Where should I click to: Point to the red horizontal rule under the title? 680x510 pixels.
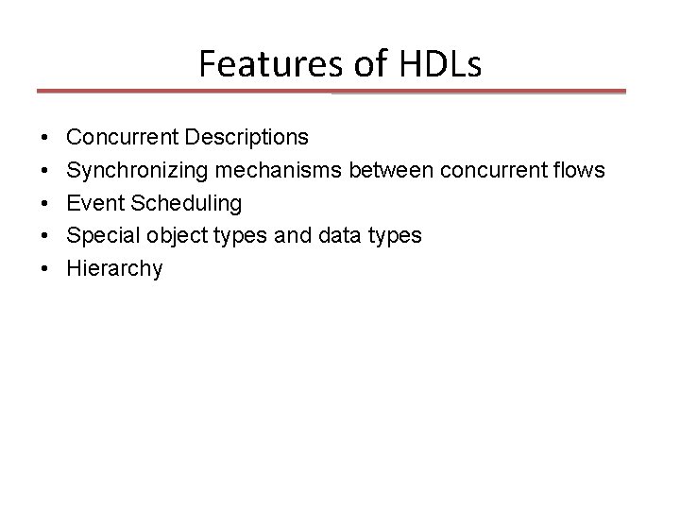click(331, 92)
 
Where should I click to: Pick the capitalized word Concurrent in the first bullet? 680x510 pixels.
click(124, 138)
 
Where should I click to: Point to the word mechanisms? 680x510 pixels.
click(271, 171)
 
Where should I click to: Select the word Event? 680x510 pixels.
click(93, 204)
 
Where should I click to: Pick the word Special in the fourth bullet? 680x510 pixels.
click(100, 236)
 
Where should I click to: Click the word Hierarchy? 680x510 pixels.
click(115, 269)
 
